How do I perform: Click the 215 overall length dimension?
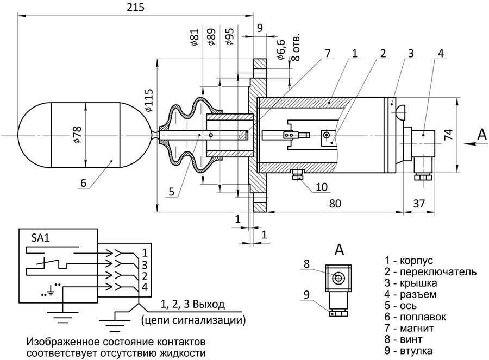point(134,8)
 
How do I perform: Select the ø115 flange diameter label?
point(150,100)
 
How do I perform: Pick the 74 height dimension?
point(449,135)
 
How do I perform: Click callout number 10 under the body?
point(322,187)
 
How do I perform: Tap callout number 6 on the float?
point(83,183)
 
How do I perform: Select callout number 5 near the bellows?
point(171,191)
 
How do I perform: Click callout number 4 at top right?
point(441,53)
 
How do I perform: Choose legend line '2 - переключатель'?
point(430,271)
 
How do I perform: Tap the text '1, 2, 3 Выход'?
point(193,304)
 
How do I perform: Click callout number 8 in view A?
point(306,263)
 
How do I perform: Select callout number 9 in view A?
point(306,295)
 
